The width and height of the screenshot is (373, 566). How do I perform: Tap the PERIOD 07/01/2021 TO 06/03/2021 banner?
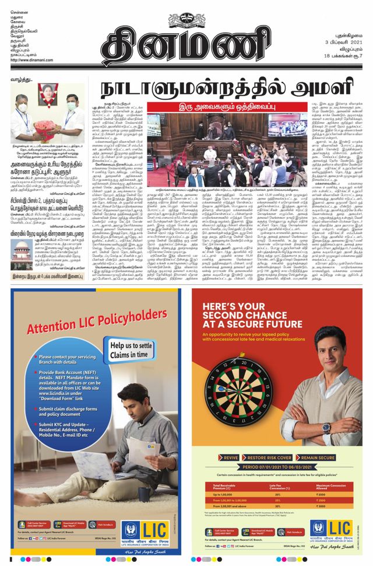276,469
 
